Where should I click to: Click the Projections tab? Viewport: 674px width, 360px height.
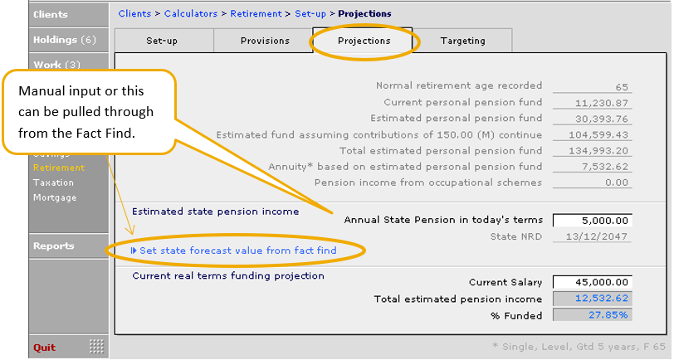364,41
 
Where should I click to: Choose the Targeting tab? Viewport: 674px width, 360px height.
462,41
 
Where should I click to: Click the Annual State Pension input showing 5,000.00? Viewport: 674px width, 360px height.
593,221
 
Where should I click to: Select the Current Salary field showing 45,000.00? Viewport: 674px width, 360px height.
593,282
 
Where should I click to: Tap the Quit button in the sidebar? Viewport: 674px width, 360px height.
45,348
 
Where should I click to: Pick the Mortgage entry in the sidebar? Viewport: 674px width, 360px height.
55,197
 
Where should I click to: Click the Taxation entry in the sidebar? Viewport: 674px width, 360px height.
53,182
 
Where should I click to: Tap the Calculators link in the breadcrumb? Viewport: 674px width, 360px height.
191,14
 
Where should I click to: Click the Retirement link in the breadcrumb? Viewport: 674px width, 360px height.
256,14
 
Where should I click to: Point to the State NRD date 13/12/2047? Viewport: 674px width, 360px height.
597,236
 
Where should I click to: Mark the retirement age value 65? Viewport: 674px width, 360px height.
622,87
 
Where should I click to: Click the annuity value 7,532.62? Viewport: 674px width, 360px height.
605,167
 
